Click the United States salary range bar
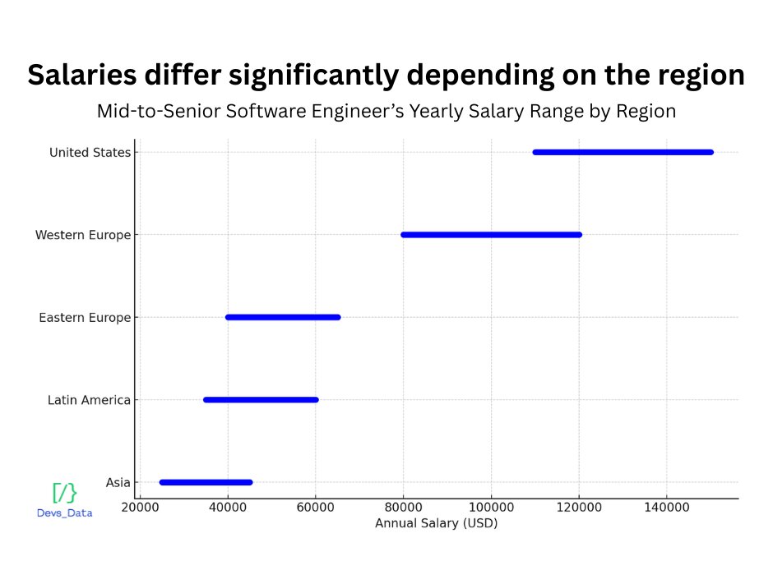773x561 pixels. (x=623, y=152)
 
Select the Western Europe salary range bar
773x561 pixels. (x=491, y=235)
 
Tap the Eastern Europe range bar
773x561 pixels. (x=283, y=317)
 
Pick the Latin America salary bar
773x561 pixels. (x=261, y=400)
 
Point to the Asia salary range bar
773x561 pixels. (x=206, y=482)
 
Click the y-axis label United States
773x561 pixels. (x=90, y=152)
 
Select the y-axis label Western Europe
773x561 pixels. (x=83, y=235)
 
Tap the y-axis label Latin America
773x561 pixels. (x=89, y=400)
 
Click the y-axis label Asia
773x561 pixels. (x=118, y=482)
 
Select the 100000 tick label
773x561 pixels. (x=491, y=508)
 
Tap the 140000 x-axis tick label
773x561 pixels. (x=667, y=508)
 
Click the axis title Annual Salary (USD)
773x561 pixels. (x=436, y=523)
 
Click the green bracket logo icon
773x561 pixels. (x=65, y=493)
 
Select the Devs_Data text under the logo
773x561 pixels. (x=65, y=513)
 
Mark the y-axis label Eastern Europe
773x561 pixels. (x=85, y=317)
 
